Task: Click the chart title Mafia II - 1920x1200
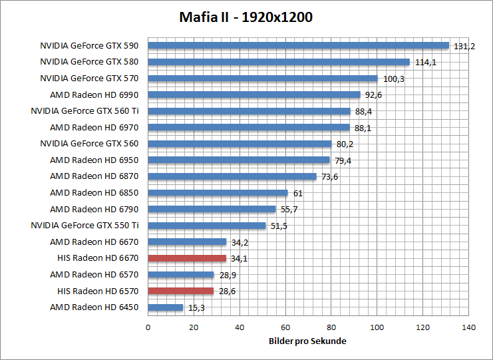[246, 17]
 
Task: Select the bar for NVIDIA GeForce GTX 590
[298, 46]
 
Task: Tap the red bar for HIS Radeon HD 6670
[187, 258]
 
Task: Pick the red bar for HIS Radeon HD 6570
[180, 291]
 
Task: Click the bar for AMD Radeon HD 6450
[165, 307]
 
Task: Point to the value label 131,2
[464, 47]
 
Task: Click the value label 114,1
[424, 63]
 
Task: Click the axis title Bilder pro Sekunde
[308, 341]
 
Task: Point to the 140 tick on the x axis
[469, 327]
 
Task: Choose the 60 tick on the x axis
[285, 327]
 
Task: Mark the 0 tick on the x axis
[148, 327]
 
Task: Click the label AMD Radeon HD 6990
[94, 94]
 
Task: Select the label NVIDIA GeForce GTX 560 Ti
[89, 111]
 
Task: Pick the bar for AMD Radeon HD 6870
[232, 176]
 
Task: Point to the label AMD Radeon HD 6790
[94, 209]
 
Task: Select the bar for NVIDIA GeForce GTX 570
[263, 79]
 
